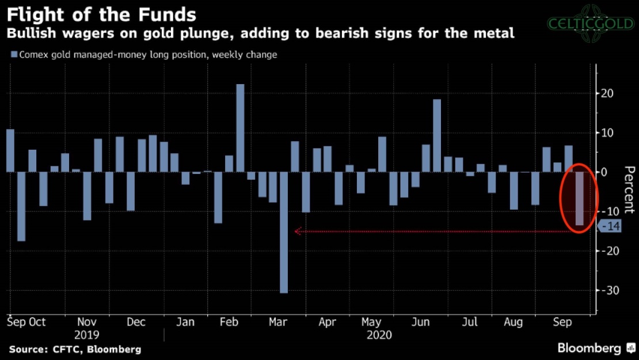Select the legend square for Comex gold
pos(13,55)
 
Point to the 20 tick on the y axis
pos(607,93)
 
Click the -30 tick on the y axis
pos(607,290)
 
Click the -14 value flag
pos(610,227)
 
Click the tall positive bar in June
pos(437,135)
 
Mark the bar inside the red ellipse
pos(579,198)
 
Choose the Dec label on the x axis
pos(136,322)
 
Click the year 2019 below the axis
pos(87,335)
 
